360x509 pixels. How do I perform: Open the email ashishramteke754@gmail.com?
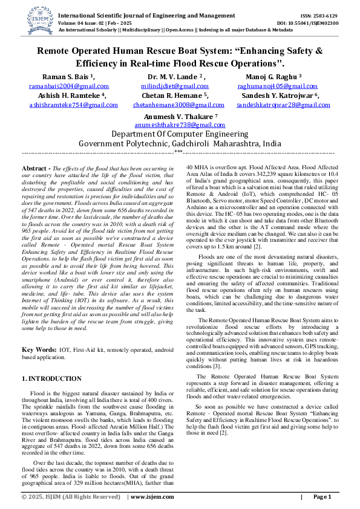(x=68, y=105)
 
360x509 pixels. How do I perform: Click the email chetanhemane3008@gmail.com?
(x=176, y=105)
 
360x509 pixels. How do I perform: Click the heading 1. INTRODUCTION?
(x=51, y=378)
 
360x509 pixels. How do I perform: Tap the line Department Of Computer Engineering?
(x=180, y=134)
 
